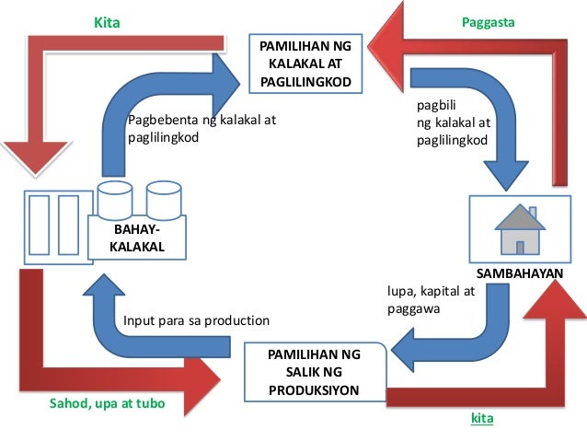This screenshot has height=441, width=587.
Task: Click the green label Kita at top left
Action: click(108, 20)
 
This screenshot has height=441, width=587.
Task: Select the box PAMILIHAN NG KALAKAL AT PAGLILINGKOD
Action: click(306, 62)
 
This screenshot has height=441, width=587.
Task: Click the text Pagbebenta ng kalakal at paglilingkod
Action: click(201, 129)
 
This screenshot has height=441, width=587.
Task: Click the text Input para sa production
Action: click(196, 321)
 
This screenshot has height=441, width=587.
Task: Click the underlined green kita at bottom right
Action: click(482, 420)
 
